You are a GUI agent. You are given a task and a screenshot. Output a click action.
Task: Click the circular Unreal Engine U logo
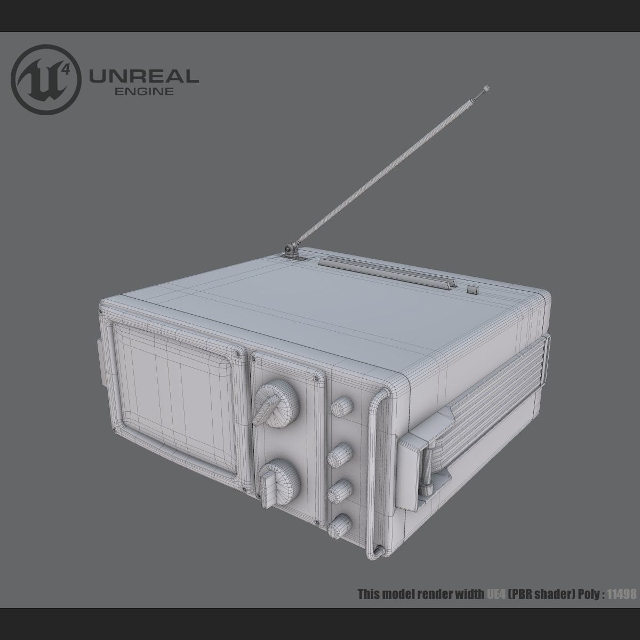pos(47,77)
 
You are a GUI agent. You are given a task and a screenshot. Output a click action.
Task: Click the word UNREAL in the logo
pos(144,76)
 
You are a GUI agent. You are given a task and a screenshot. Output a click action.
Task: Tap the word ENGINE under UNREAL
pos(144,91)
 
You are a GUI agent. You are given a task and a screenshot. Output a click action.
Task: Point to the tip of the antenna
pos(486,87)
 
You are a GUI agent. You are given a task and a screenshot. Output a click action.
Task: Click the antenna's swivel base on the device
pos(291,250)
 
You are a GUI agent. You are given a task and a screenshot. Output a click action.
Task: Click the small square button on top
pos(473,290)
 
